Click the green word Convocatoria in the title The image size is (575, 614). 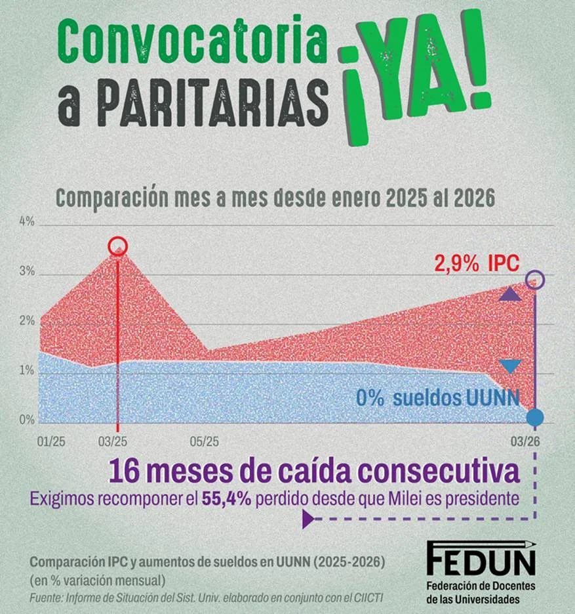click(191, 41)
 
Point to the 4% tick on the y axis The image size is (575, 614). click(26, 222)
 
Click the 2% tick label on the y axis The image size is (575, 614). click(26, 321)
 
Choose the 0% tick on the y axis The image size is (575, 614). click(26, 420)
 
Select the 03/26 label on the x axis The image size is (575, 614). click(525, 439)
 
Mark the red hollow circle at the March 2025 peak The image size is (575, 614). click(117, 246)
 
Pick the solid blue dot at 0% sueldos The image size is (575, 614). click(535, 416)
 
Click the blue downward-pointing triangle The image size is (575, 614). click(510, 366)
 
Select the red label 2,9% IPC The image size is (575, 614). click(477, 264)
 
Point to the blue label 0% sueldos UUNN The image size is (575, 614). click(437, 397)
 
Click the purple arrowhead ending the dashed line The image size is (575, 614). click(307, 520)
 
